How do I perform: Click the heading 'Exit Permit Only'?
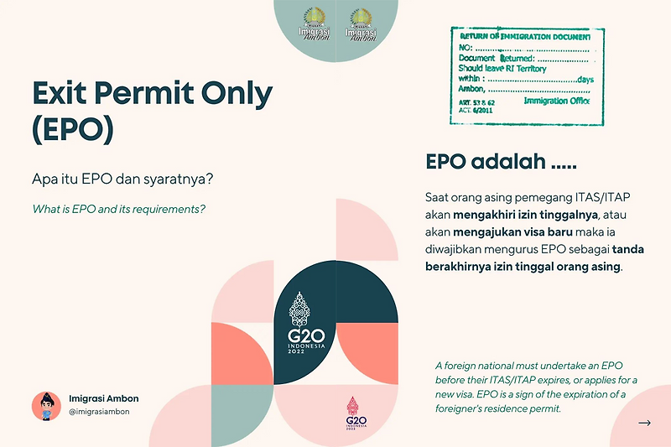(x=152, y=93)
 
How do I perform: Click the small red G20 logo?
(x=356, y=412)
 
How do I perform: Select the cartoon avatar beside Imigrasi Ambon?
(x=46, y=405)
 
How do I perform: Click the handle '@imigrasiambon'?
(x=98, y=412)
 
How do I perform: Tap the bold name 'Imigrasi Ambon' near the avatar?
(x=103, y=398)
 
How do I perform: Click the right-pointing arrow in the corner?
(x=644, y=423)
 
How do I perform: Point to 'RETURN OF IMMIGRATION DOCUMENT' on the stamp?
(x=526, y=37)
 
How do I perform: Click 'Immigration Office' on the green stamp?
(x=556, y=101)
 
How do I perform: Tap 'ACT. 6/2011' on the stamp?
(x=476, y=110)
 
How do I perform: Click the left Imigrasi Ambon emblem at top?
(x=315, y=23)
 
